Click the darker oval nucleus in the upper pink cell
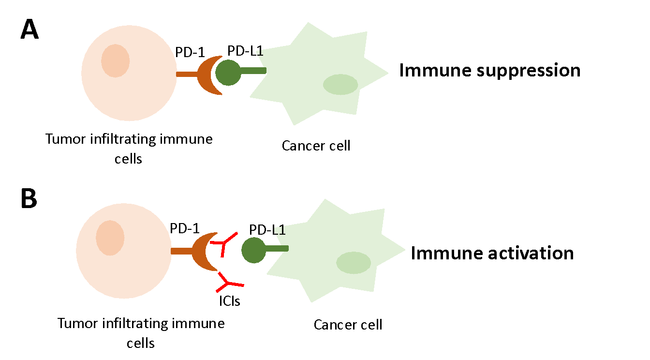click(115, 60)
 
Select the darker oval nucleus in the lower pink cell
click(110, 238)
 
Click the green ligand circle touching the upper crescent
click(228, 73)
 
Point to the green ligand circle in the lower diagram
click(253, 250)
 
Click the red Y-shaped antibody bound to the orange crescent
click(223, 243)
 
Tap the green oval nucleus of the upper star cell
click(340, 84)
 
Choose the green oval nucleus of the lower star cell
click(354, 262)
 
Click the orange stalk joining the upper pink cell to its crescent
click(186, 74)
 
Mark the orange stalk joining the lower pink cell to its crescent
click(181, 251)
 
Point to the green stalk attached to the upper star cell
click(253, 71)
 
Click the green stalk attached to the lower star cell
click(277, 248)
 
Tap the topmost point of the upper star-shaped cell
click(308, 23)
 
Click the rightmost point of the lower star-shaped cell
click(404, 250)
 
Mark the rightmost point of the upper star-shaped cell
click(387, 73)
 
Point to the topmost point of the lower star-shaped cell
click(325, 200)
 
